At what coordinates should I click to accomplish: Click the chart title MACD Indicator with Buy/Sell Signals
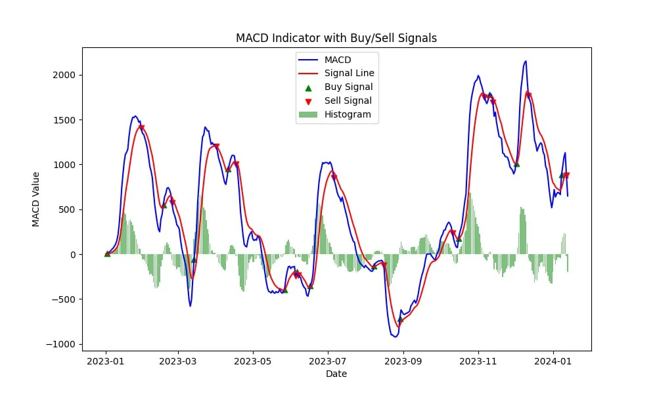coord(336,38)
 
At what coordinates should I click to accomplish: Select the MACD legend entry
coord(338,60)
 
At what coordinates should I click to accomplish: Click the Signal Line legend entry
coord(349,73)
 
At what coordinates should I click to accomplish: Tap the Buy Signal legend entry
coord(348,87)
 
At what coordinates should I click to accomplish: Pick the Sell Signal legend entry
coord(348,100)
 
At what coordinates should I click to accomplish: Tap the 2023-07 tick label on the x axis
coord(328,361)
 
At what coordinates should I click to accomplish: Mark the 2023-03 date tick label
coord(179,361)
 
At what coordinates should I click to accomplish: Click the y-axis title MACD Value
coord(37,199)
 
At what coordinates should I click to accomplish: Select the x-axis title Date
coord(336,374)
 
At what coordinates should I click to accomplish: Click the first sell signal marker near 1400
coord(141,127)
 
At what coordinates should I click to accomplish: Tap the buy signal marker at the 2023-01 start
coord(107,253)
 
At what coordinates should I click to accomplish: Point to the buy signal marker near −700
coord(399,319)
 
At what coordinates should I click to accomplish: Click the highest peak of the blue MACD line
coord(526,61)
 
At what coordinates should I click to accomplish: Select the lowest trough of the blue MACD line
coord(395,336)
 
